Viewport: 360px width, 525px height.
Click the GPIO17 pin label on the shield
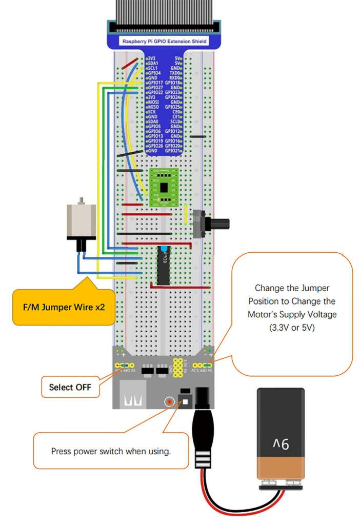tap(155, 82)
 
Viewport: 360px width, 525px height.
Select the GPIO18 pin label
tap(172, 82)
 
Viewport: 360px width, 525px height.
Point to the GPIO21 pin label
tap(172, 151)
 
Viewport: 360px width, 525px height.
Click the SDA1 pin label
tap(153, 63)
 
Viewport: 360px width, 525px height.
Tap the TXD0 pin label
tap(174, 73)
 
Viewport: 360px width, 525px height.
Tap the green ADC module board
tap(163, 188)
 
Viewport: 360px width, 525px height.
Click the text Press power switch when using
tap(111, 451)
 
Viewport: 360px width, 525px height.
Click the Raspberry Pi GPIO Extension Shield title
tap(164, 40)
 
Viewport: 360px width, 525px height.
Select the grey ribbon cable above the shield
tap(164, 10)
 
